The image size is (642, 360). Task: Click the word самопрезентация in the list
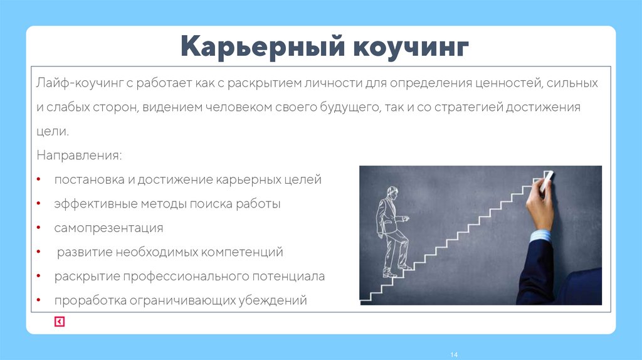(x=108, y=228)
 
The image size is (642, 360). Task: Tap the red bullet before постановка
(x=39, y=180)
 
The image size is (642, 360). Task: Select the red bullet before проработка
(x=39, y=300)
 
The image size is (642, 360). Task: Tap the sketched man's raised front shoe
(x=406, y=267)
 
